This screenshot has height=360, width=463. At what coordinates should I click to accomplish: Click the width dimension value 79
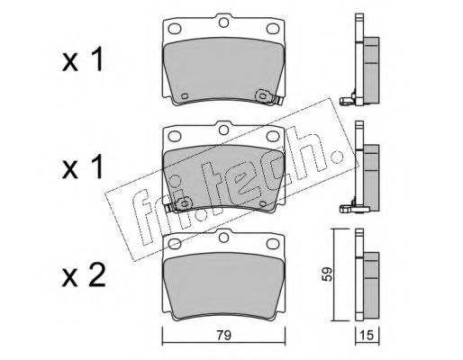224,335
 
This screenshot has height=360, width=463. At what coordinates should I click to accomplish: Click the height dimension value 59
327,274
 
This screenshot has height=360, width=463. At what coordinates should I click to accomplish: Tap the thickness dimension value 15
367,335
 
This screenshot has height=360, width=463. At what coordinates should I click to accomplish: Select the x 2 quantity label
84,275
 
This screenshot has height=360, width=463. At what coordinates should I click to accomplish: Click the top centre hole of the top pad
223,22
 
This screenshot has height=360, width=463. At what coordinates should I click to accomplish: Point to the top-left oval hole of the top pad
175,29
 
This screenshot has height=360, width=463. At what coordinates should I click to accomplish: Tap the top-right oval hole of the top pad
273,29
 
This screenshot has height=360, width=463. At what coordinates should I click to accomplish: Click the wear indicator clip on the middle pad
178,205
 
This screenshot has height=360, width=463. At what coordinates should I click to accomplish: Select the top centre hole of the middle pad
223,130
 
